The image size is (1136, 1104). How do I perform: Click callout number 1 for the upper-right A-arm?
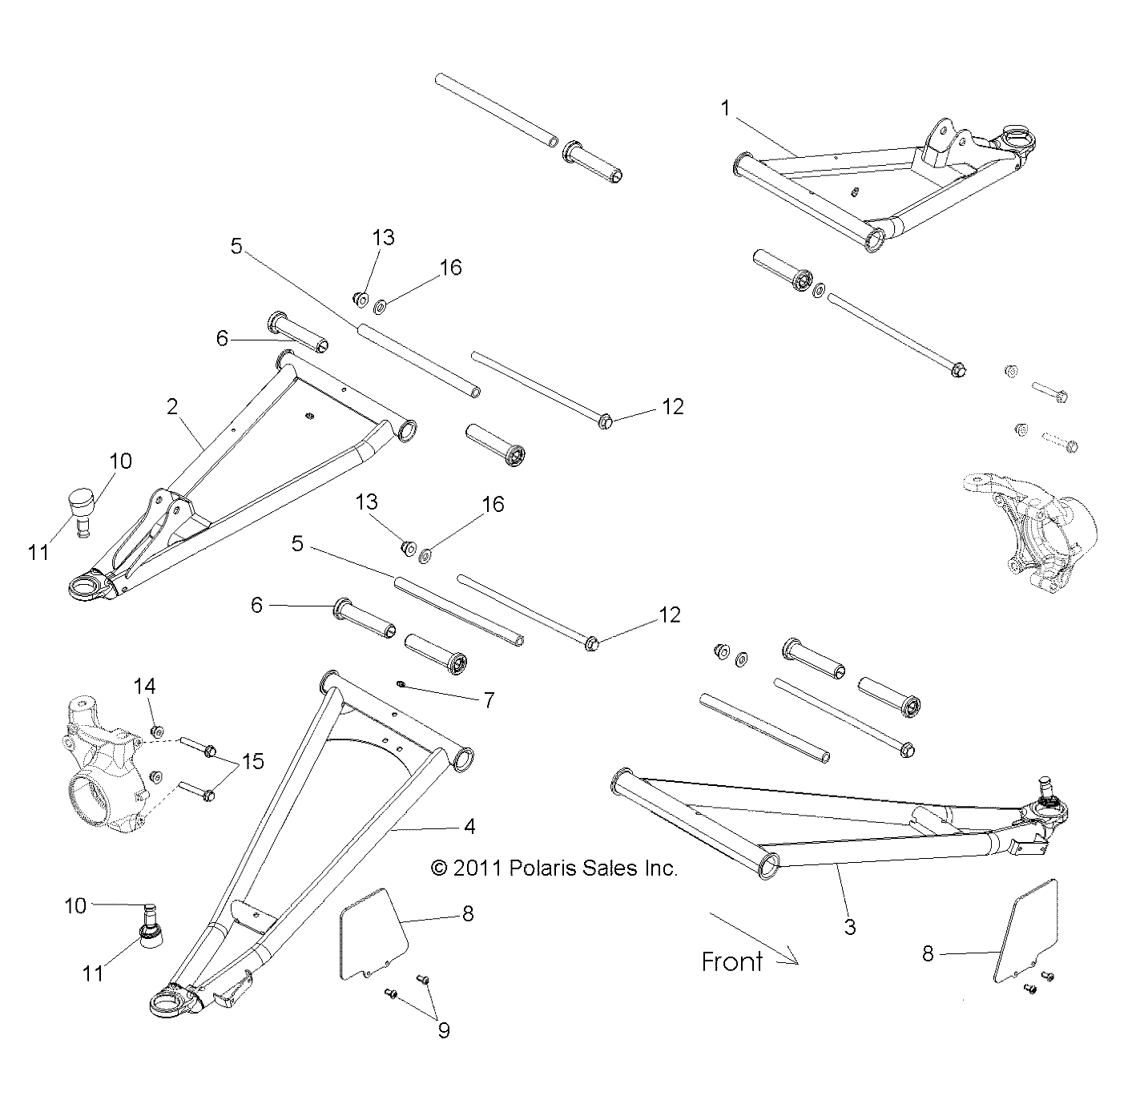[726, 108]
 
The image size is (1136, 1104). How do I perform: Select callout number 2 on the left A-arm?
[172, 407]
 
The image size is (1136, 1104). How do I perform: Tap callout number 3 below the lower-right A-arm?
[850, 927]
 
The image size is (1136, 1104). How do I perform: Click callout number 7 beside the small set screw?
[489, 700]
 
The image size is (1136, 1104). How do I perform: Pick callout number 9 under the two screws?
[443, 1029]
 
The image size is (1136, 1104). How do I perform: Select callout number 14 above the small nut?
[145, 686]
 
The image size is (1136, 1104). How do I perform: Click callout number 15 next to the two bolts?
[253, 760]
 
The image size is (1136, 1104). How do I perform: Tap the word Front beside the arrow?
[731, 961]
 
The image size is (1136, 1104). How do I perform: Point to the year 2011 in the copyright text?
[478, 868]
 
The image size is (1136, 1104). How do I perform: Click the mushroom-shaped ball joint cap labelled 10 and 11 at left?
[81, 507]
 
